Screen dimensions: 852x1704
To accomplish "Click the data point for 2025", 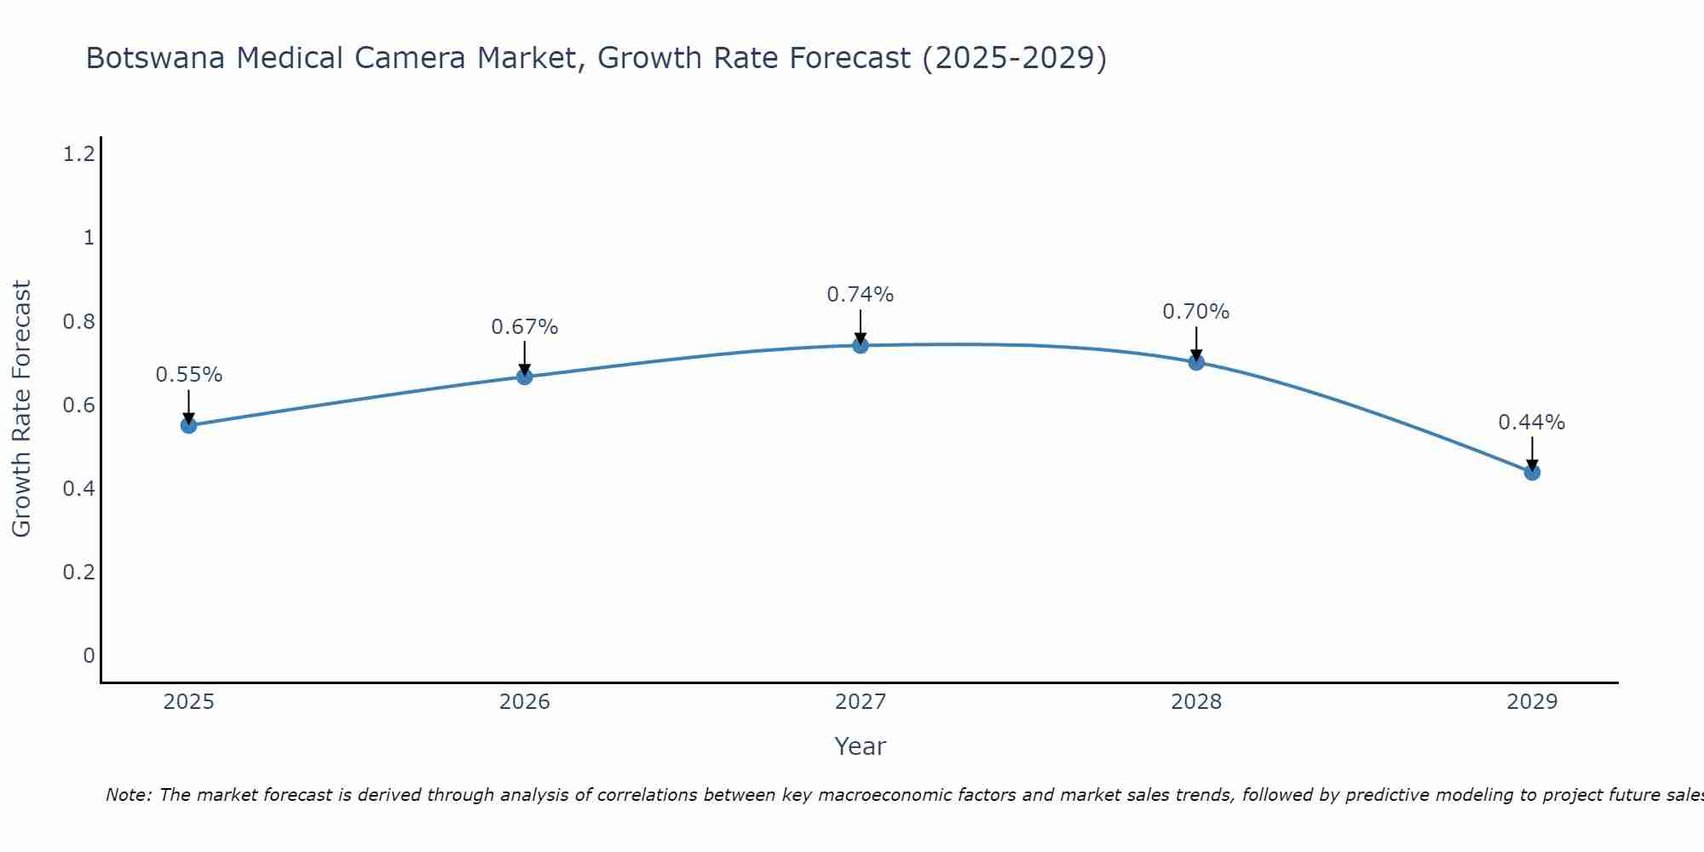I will [189, 425].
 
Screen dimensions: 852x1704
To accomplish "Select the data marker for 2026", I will [525, 376].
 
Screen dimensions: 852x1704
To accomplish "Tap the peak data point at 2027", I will [861, 345].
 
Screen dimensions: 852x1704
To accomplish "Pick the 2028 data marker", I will [1196, 362].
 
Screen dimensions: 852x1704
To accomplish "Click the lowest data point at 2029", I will [1532, 472].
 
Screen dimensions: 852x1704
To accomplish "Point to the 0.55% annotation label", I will [189, 375].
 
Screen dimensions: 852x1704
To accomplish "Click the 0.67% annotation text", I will [525, 326].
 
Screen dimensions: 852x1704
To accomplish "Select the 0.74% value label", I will [861, 295].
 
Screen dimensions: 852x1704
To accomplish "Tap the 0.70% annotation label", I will [1196, 312].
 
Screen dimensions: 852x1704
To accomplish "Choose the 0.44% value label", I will [1532, 423].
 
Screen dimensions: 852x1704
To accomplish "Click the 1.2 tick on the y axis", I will [78, 154].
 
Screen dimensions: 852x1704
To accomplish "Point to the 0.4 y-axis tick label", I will [78, 488].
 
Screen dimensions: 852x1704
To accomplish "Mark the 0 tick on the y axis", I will [89, 655].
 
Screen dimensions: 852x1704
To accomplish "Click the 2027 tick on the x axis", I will [861, 702].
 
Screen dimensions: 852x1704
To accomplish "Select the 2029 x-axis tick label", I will [1532, 702].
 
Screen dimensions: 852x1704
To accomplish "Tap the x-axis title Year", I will [861, 746].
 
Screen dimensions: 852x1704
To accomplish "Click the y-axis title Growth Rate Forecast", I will [22, 408].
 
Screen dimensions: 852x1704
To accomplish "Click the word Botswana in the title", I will [156, 59].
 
